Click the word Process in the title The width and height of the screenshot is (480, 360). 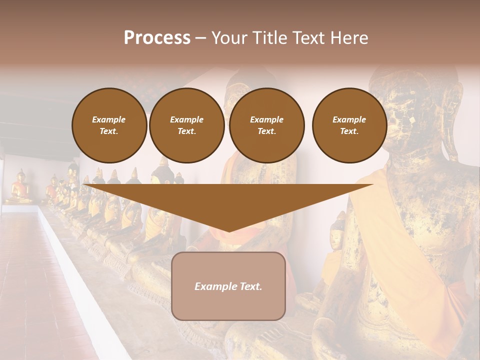(x=157, y=38)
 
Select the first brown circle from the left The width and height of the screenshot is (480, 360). (x=109, y=125)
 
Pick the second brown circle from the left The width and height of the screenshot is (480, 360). (x=187, y=125)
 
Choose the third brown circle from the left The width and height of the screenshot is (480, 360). (x=267, y=125)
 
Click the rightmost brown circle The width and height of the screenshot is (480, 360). (x=349, y=125)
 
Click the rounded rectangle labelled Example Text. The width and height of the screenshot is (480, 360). (x=228, y=286)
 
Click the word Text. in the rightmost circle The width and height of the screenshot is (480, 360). (x=349, y=131)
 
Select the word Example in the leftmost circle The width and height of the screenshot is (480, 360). (x=109, y=119)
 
